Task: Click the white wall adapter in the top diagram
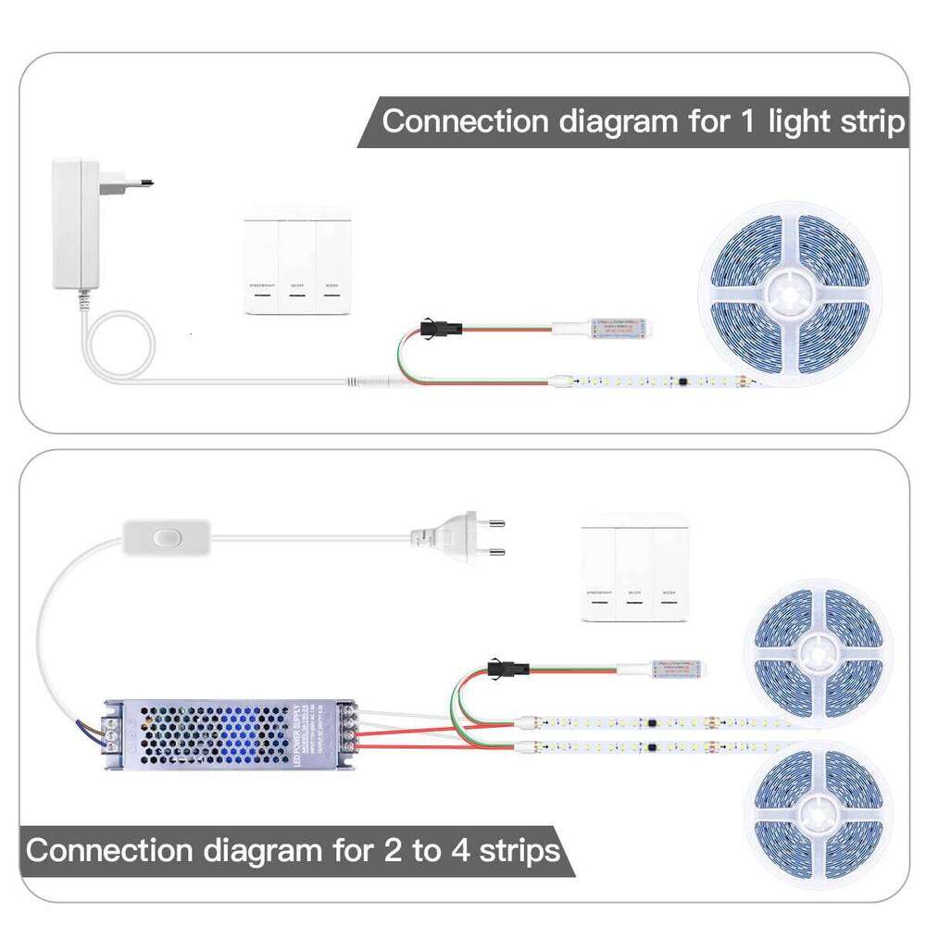pyautogui.click(x=79, y=222)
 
